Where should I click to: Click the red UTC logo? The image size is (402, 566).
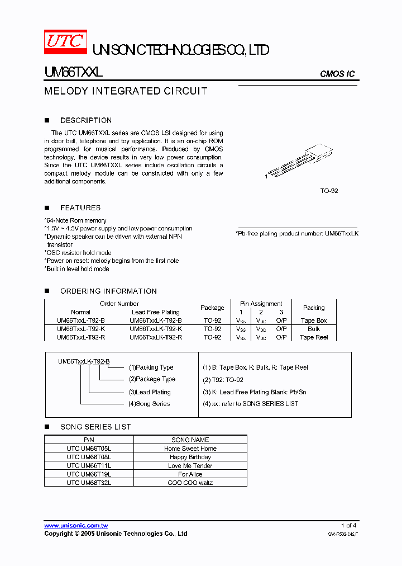point(65,41)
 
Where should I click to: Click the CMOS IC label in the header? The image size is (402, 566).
point(337,74)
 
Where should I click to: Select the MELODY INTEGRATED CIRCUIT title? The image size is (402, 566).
point(126,91)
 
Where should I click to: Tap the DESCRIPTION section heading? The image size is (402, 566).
point(85,120)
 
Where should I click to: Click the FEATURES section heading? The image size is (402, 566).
point(80,207)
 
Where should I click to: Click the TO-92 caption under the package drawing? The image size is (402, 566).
point(329,191)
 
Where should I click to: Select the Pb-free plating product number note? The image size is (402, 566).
point(296,233)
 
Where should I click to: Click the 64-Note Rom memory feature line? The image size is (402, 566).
point(75,220)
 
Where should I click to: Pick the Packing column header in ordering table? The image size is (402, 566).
point(314,308)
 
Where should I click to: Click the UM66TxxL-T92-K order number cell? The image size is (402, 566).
point(80,329)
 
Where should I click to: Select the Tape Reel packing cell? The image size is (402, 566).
point(314,337)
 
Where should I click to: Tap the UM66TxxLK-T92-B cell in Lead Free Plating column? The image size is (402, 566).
point(155,320)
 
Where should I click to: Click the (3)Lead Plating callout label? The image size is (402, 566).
point(150,392)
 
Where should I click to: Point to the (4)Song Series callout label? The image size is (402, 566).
point(149,404)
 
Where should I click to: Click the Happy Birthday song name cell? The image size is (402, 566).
point(190,457)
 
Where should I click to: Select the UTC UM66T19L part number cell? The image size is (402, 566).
point(89,474)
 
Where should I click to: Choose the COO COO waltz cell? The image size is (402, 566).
point(190,482)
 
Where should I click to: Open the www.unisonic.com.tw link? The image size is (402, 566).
point(76,525)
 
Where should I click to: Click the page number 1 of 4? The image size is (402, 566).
point(348,525)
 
